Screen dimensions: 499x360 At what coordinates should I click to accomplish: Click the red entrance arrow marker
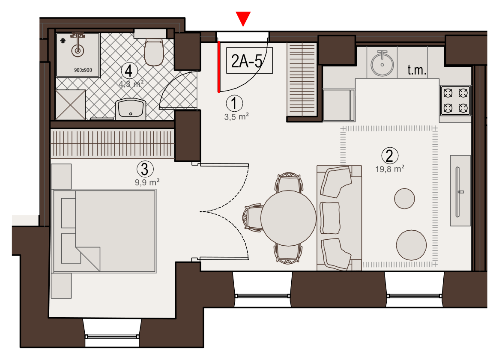coord(243,18)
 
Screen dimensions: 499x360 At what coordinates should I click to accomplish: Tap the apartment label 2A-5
coord(247,61)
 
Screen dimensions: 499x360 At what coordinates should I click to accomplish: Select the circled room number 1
coord(234,103)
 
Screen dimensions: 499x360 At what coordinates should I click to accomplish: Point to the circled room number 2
coord(389,156)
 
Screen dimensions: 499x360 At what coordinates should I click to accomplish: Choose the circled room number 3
coord(145,169)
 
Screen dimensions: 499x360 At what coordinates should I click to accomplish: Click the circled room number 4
coord(129,71)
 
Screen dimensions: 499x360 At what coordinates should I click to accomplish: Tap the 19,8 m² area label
coord(390,169)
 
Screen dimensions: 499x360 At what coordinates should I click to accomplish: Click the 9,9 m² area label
coord(147,182)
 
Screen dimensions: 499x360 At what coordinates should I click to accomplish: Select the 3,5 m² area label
coord(236,117)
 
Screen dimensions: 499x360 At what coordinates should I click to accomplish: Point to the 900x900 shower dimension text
coord(83,70)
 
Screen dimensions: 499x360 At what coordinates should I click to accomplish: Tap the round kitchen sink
coord(382,64)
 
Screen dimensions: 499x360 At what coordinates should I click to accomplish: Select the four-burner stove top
coord(455,101)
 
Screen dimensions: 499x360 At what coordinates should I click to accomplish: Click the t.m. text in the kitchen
coord(417,70)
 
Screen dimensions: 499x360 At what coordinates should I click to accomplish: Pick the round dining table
coord(288,218)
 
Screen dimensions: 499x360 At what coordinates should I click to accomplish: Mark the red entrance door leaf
coord(219,67)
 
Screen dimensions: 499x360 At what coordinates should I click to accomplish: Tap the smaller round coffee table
coord(404,199)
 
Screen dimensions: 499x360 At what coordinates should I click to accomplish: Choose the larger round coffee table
coord(411,245)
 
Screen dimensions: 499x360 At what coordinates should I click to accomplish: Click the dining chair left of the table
coord(253,218)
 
